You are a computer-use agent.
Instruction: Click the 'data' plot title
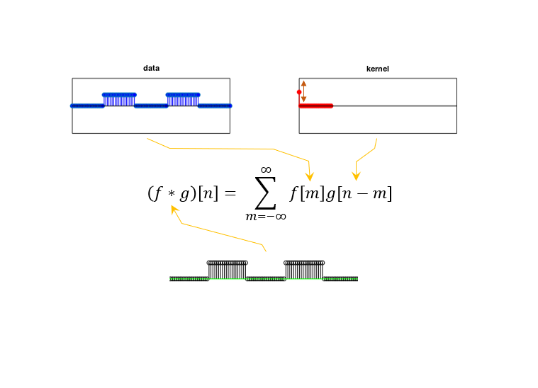[x=151, y=68]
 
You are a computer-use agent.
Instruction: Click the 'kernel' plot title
[x=378, y=69]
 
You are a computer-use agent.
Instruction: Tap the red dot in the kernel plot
[x=299, y=92]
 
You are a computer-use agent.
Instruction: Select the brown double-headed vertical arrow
[x=303, y=91]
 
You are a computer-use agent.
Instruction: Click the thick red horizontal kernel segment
[x=315, y=106]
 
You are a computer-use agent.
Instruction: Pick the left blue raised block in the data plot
[x=119, y=99]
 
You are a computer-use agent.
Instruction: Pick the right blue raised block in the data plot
[x=183, y=99]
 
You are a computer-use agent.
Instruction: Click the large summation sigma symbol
[x=266, y=193]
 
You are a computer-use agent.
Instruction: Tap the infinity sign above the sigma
[x=266, y=170]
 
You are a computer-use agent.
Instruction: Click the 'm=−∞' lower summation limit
[x=266, y=217]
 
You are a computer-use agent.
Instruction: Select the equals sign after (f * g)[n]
[x=230, y=193]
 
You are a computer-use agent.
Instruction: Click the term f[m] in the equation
[x=307, y=194]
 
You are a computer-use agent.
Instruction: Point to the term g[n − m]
[x=359, y=194]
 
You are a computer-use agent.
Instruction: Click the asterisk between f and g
[x=172, y=194]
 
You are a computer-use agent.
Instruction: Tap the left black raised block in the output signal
[x=227, y=270]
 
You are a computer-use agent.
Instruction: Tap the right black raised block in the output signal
[x=304, y=270]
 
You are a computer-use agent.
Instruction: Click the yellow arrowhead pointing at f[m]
[x=310, y=177]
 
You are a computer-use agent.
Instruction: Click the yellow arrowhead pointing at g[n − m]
[x=356, y=176]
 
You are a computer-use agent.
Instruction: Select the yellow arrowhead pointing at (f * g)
[x=174, y=210]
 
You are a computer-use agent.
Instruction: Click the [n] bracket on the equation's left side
[x=208, y=194]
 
